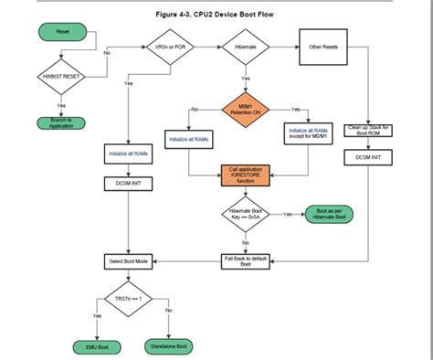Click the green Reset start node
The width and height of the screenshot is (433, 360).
[x=63, y=33]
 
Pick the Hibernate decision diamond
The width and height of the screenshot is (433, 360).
[x=245, y=47]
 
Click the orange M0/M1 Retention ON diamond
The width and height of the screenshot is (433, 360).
[x=245, y=109]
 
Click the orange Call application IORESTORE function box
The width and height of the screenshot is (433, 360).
[x=245, y=175]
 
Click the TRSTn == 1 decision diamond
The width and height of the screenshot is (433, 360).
[x=128, y=299]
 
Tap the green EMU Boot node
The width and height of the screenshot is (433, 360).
[x=91, y=348]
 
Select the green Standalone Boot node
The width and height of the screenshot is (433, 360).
[x=168, y=347]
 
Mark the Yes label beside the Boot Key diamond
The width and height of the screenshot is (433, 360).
[x=288, y=214]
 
